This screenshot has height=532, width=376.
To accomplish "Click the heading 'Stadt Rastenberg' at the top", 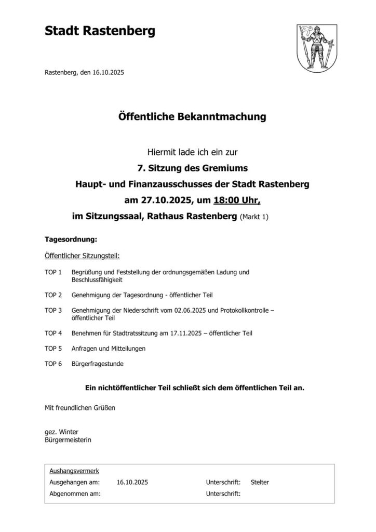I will (x=100, y=32).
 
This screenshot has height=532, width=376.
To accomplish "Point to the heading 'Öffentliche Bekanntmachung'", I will (x=192, y=117).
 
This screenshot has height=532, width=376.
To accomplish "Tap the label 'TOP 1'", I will (x=53, y=272).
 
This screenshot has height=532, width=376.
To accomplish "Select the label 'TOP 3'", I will (x=53, y=310).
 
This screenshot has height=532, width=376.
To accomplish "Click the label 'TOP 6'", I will (x=53, y=364).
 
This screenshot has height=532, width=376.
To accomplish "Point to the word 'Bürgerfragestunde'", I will (x=97, y=364).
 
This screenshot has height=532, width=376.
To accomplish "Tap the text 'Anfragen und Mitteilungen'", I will (x=109, y=348).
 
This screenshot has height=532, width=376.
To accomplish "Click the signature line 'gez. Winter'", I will (x=61, y=432).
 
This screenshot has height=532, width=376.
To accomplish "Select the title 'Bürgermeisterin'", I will (x=66, y=440).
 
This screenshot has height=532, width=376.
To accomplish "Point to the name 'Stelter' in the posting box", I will (x=260, y=483).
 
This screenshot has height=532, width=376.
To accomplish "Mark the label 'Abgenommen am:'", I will (x=75, y=494).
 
